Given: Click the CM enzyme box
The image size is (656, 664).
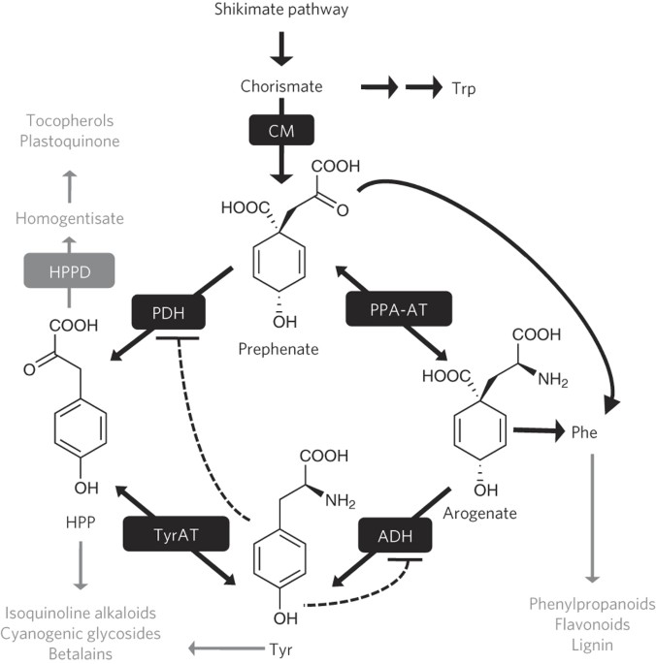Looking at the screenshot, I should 279,130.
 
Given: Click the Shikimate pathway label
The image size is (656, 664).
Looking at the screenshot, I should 279,10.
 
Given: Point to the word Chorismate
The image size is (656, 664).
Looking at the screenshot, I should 279,87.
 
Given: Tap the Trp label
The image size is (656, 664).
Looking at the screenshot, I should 462,87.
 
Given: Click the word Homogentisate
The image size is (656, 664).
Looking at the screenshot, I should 69,219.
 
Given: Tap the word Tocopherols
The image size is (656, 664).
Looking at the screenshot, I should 70,121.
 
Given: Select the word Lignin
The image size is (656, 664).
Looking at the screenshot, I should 592,644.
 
